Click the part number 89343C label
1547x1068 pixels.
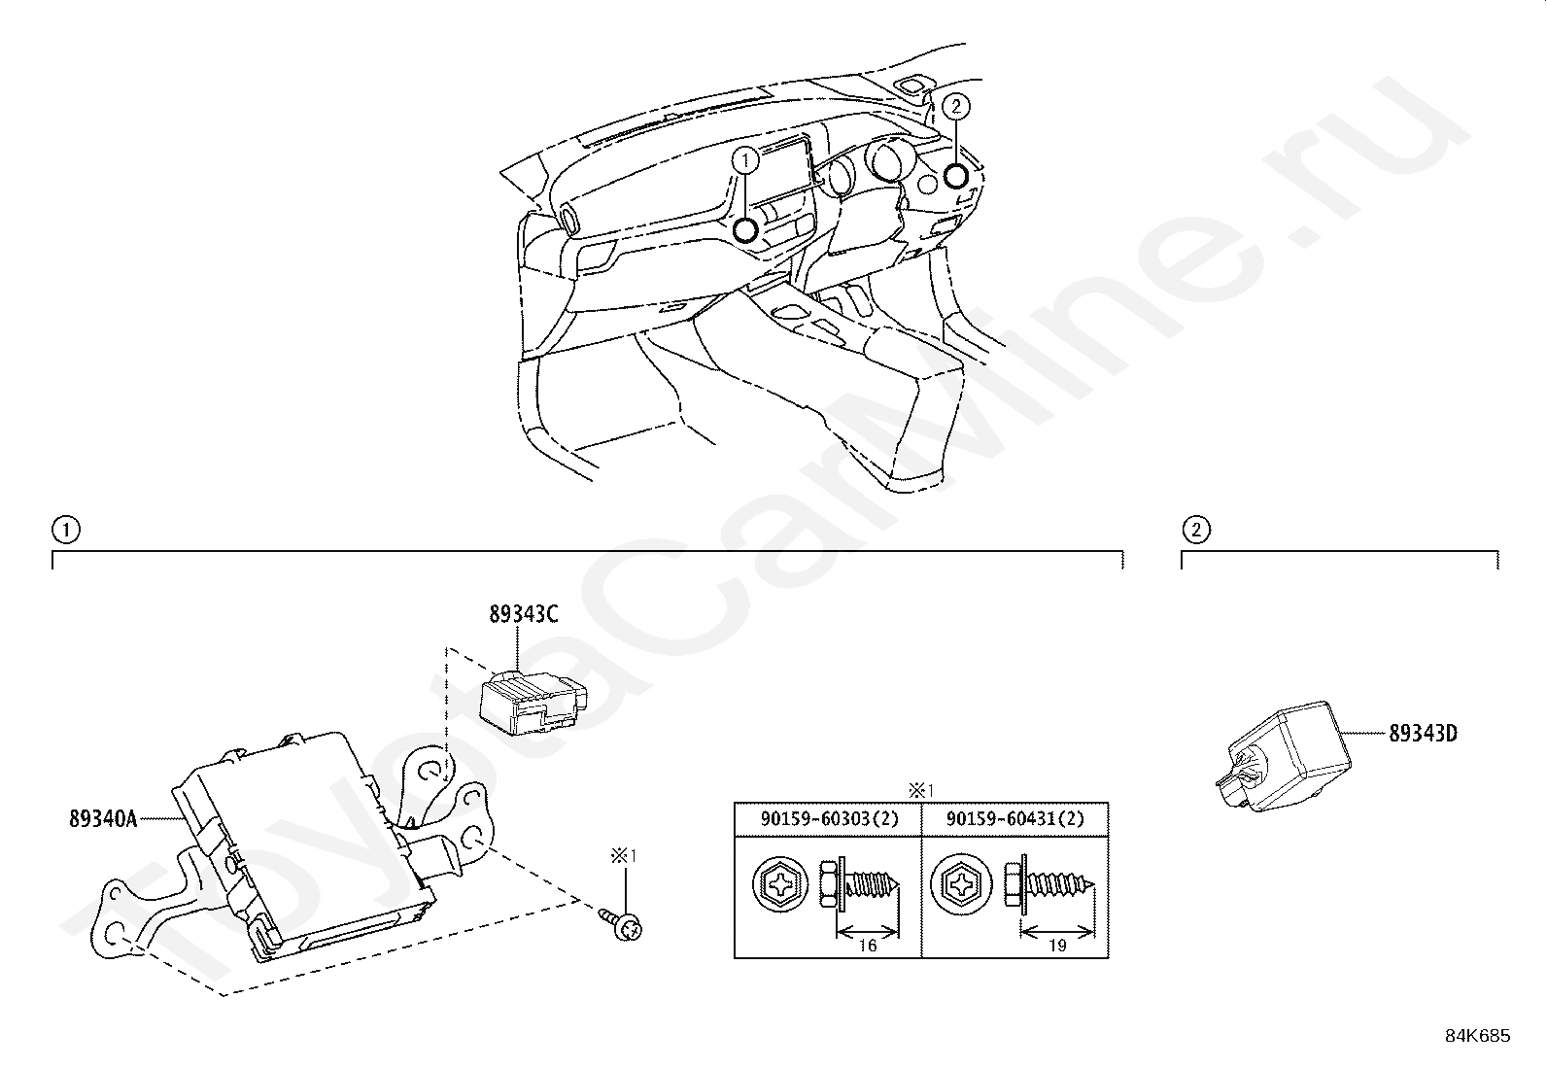tap(524, 614)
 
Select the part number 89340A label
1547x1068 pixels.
tap(102, 818)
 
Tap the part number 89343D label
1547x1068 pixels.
tap(1422, 734)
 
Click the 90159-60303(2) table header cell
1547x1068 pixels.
tap(829, 819)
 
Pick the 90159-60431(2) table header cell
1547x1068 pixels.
tap(1014, 819)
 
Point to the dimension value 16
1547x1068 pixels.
tap(868, 945)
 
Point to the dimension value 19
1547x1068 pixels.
tap(1057, 945)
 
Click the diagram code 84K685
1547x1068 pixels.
tap(1477, 1036)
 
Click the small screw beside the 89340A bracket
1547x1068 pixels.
tap(624, 923)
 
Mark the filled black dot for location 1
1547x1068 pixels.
tap(745, 230)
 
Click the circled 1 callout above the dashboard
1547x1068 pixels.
tap(745, 159)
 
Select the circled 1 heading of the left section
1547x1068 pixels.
tap(65, 530)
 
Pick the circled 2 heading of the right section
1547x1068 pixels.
tap(1195, 530)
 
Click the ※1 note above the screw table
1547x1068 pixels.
tap(919, 789)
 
